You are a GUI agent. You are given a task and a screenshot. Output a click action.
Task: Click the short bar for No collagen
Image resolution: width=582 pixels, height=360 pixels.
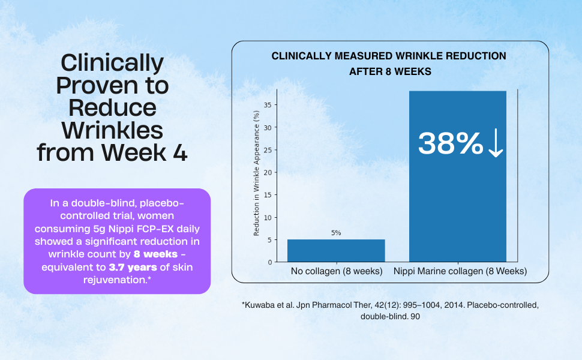[x=336, y=251]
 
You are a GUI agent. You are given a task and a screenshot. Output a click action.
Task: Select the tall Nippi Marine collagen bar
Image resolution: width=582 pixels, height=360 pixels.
[x=458, y=176]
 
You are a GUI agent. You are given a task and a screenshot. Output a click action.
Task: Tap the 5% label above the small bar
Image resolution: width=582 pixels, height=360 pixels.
[x=336, y=233]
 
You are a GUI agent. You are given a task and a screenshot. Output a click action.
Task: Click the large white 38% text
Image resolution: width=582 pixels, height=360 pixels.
[x=451, y=143]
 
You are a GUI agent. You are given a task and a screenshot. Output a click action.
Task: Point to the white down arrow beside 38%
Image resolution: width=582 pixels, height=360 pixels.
[x=496, y=143]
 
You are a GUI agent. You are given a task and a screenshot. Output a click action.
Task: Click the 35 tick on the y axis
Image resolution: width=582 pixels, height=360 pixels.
[x=268, y=105]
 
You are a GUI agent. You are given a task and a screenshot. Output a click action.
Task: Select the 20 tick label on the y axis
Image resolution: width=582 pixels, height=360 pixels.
[x=268, y=173]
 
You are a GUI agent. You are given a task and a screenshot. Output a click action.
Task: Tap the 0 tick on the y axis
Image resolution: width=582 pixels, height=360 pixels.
[x=270, y=262]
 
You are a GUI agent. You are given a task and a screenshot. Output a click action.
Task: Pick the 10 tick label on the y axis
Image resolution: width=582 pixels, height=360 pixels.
[x=268, y=217]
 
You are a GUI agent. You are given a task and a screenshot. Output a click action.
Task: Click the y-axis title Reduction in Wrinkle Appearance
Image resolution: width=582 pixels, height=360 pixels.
[x=256, y=173]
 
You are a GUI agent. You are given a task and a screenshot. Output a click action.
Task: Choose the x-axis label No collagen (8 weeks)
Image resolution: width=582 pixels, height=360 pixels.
[x=337, y=271]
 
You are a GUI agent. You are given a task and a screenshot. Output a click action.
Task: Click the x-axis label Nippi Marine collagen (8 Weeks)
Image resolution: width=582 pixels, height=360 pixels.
[x=460, y=271]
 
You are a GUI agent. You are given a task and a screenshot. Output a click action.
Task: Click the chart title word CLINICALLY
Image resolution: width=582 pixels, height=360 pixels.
[x=301, y=56]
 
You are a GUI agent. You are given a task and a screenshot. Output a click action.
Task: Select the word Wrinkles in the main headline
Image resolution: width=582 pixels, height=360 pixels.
[x=112, y=130]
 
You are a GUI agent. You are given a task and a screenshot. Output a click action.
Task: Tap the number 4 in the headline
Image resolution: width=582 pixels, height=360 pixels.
[x=180, y=152]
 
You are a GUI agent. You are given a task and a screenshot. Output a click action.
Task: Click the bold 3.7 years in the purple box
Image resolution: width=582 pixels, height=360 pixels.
[x=133, y=267]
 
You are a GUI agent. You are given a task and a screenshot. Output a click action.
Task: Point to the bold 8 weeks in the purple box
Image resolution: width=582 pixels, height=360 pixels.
[x=155, y=254]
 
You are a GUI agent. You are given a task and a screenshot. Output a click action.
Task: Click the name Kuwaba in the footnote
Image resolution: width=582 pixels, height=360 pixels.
[x=260, y=305]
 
